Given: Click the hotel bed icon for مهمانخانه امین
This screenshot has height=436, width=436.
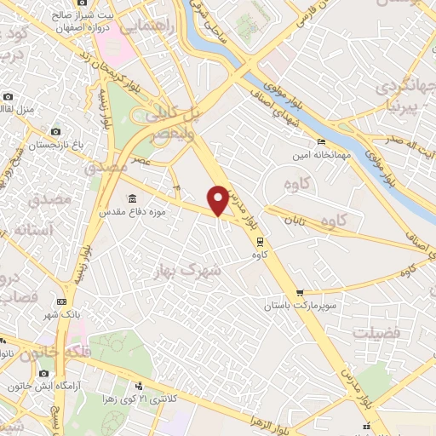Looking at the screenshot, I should click(321, 141).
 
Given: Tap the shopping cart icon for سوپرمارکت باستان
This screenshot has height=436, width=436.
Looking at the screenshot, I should click(299, 293).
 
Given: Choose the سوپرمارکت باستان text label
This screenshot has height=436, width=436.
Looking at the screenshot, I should click(301, 305).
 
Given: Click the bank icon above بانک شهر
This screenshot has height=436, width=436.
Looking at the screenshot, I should click(60, 301).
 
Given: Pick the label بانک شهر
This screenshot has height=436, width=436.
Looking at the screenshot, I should click(62, 314).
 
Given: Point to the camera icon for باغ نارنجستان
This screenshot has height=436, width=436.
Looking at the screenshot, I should click(56, 132).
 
